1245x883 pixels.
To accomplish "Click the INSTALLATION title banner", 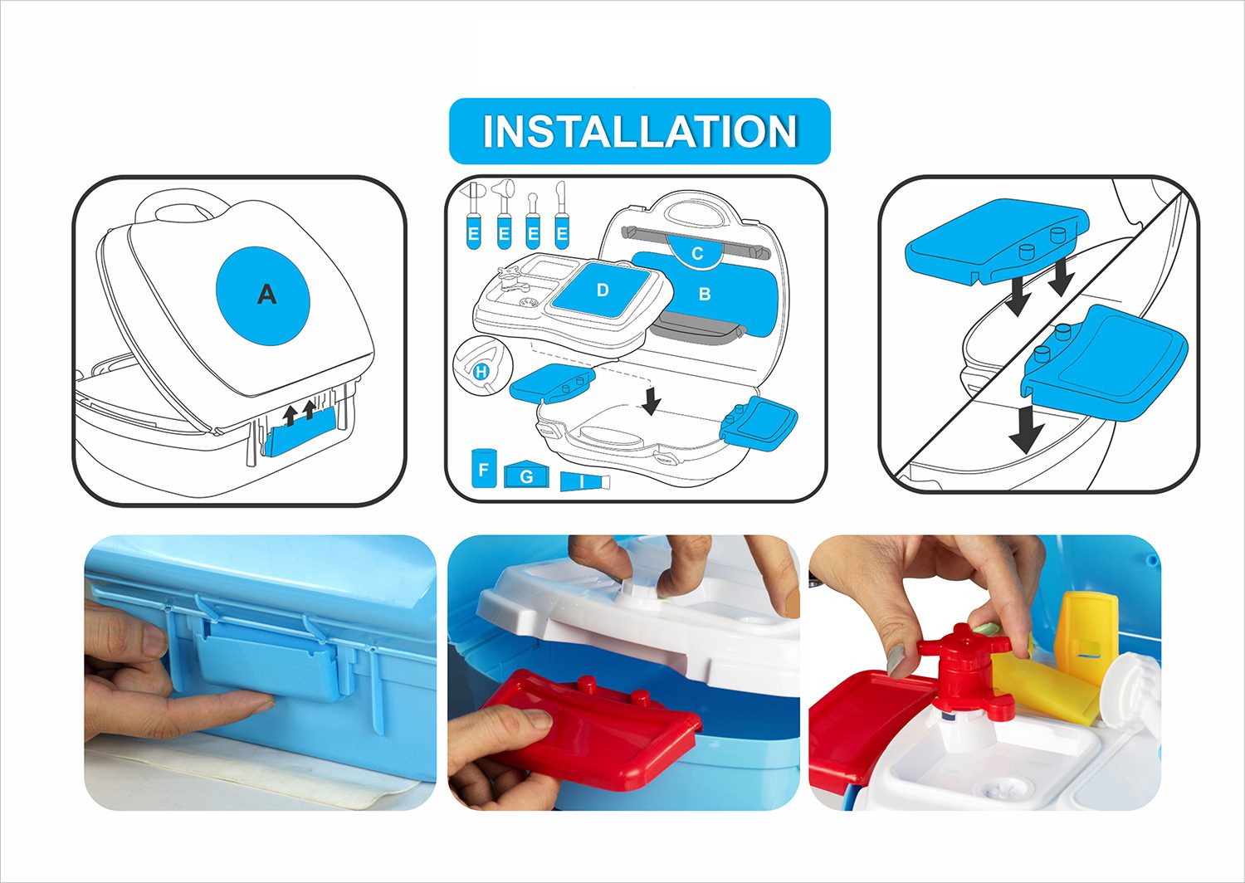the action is [x=640, y=131].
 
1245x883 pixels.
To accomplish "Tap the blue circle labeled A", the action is [x=263, y=295].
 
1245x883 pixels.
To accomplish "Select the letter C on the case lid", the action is [x=697, y=254].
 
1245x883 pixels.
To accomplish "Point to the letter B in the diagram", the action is [x=704, y=294].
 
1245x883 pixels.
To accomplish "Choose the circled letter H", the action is [x=481, y=372].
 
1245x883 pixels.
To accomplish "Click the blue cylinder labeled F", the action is [x=483, y=468].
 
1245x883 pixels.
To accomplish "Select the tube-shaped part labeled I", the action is [x=584, y=481].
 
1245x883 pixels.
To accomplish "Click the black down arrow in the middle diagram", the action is [x=651, y=401].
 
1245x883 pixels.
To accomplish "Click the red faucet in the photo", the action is [x=964, y=669].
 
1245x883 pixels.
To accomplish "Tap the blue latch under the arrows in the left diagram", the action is [x=300, y=432].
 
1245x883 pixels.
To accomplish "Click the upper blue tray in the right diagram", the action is [x=995, y=241].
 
